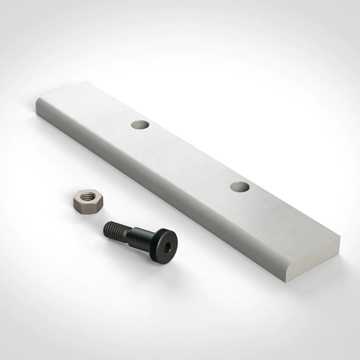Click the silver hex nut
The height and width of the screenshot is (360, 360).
point(88,202)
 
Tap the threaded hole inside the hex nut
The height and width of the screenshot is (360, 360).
point(86,197)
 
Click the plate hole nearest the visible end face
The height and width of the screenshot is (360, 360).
point(240,186)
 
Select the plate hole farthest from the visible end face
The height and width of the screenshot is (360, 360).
point(140,125)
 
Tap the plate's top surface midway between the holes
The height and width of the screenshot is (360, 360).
point(191,155)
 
